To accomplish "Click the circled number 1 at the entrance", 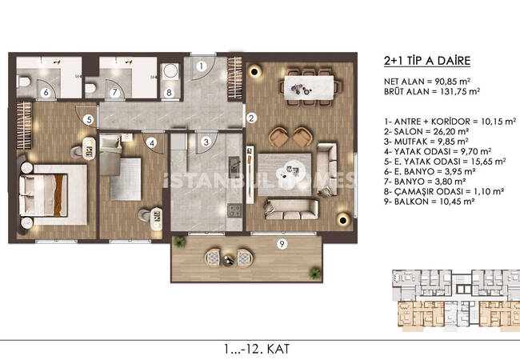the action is (201, 66).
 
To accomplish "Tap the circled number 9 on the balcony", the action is (282, 244).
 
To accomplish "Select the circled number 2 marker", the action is (251, 118).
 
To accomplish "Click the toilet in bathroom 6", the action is (24, 82).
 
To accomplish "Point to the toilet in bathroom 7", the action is (90, 88).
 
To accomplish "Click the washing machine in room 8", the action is (170, 71).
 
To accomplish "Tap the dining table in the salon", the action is (309, 87).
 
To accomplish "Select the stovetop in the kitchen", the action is (234, 210).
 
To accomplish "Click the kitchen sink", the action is (234, 165).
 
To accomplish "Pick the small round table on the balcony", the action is (229, 261).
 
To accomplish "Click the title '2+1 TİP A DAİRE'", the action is (427, 61).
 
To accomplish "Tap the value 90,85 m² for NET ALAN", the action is (453, 82).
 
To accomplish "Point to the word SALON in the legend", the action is (408, 132).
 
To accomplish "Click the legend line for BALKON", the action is (429, 202).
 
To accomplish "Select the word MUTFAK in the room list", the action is (410, 142).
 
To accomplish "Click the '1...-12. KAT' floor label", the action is (256, 349).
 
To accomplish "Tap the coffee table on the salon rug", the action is (293, 168).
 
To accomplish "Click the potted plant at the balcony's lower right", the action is (314, 274).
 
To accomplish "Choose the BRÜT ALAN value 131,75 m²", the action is (460, 91).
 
